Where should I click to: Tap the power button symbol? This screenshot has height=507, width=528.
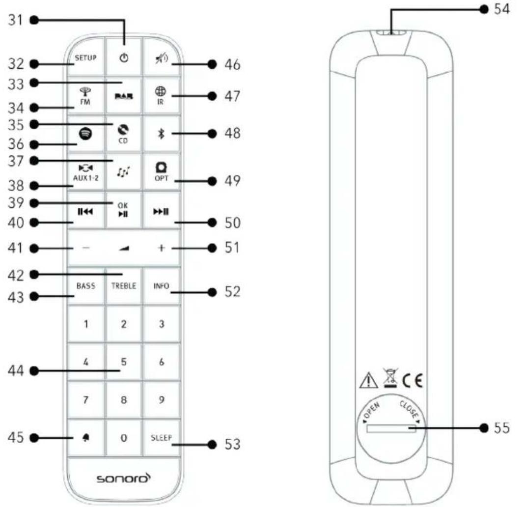pos(124,58)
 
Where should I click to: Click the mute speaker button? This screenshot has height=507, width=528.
pos(161,58)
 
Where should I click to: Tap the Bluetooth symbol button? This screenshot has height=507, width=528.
pos(161,134)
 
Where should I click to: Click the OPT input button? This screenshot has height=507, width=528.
pos(161,172)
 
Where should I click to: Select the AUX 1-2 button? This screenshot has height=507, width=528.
pos(85,172)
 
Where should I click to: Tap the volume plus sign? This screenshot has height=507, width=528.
pos(161,249)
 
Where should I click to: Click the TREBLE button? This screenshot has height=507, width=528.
pos(124,286)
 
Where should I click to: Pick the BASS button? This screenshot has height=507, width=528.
pos(85,286)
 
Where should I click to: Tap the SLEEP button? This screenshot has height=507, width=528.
pos(161,438)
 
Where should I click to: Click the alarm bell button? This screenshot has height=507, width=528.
pos(85,438)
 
